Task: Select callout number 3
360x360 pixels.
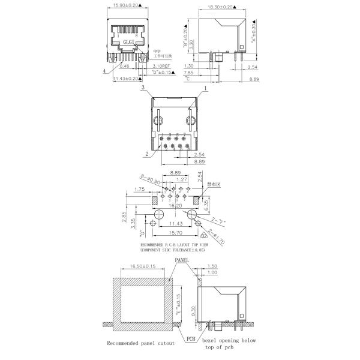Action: (x=143, y=88)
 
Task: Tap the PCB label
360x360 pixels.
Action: (x=191, y=338)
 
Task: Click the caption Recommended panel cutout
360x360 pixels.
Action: (x=140, y=343)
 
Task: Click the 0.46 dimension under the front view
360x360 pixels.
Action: (x=124, y=66)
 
